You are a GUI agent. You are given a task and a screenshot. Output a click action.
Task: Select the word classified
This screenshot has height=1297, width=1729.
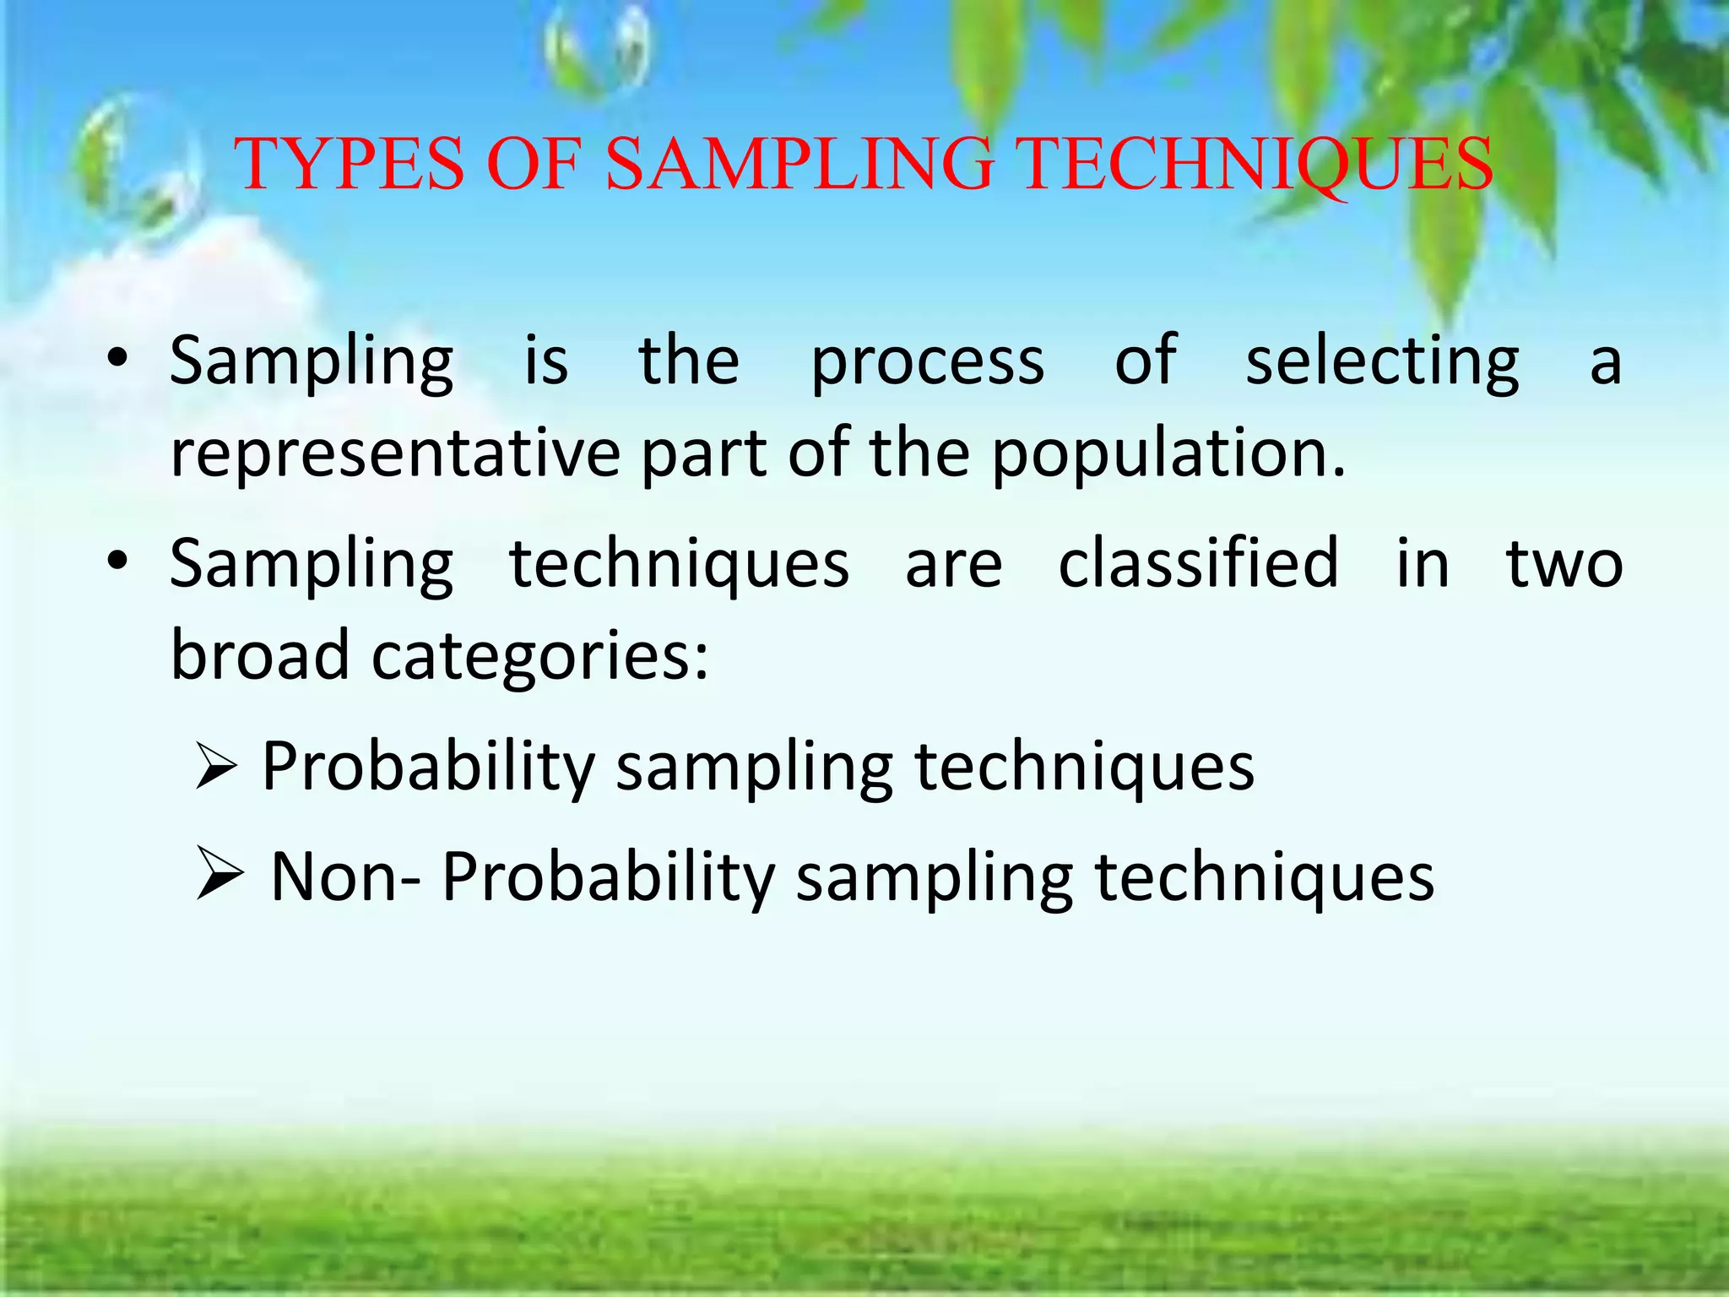point(1198,564)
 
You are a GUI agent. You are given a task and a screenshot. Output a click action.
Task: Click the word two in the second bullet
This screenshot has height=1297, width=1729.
point(1564,564)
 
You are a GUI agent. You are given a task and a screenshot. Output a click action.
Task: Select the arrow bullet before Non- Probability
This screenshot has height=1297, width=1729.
point(220,876)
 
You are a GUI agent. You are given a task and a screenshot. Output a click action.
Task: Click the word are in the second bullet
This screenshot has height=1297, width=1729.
point(953,564)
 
